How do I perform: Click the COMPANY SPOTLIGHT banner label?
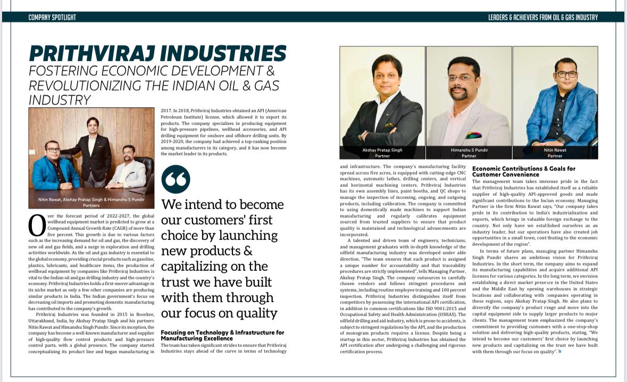pyautogui.click(x=52, y=18)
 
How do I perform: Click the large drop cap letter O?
pyautogui.click(x=37, y=225)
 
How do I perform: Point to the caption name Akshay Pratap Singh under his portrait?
pyautogui.click(x=382, y=150)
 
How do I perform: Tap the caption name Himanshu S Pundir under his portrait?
pyautogui.click(x=469, y=150)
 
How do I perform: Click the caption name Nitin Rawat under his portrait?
pyautogui.click(x=555, y=150)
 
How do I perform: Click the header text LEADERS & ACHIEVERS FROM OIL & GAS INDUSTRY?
pyautogui.click(x=543, y=18)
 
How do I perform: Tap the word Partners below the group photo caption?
pyautogui.click(x=91, y=204)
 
